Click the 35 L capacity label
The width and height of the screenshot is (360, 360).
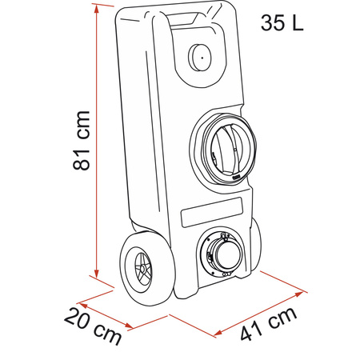click(282, 22)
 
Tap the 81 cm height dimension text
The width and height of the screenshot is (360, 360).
click(82, 140)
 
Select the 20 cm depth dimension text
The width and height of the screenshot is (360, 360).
click(93, 326)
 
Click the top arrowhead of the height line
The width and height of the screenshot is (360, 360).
click(97, 9)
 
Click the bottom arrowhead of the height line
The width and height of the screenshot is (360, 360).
click(97, 274)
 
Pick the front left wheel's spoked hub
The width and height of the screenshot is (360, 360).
click(143, 268)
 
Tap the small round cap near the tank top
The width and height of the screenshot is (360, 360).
click(200, 58)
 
